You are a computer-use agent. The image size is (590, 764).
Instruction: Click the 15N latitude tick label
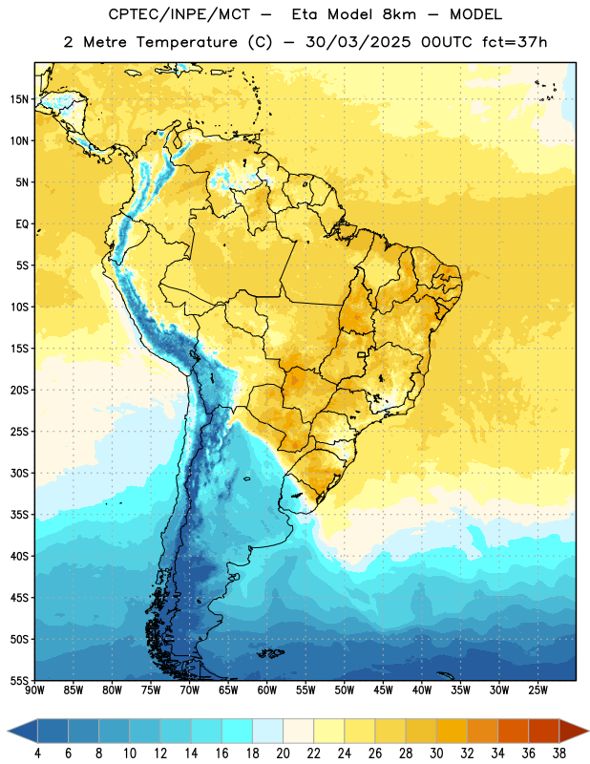click(x=19, y=99)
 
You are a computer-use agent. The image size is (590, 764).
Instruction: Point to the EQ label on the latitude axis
click(x=22, y=224)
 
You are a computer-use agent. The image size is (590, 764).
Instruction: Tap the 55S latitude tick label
click(x=19, y=680)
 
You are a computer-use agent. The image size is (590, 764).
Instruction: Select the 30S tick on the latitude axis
click(x=19, y=473)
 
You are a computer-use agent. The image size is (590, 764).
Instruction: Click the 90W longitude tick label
click(x=34, y=690)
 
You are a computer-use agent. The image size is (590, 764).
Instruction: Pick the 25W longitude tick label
click(x=537, y=690)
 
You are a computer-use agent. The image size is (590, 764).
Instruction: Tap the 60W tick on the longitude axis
click(x=267, y=690)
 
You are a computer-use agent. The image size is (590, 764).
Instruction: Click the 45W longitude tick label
click(x=384, y=690)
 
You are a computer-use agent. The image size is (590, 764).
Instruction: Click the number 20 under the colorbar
click(x=283, y=753)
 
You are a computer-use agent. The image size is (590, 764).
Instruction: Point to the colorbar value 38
click(x=559, y=753)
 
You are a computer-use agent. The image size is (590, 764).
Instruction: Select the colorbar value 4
click(x=37, y=753)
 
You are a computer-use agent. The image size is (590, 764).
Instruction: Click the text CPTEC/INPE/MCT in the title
click(x=179, y=14)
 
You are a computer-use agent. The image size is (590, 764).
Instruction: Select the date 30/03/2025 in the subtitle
click(x=358, y=42)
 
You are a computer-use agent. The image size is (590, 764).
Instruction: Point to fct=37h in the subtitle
click(x=515, y=42)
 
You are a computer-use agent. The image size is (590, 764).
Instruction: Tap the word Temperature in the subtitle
click(x=187, y=42)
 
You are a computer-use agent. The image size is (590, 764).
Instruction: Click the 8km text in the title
click(x=399, y=14)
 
